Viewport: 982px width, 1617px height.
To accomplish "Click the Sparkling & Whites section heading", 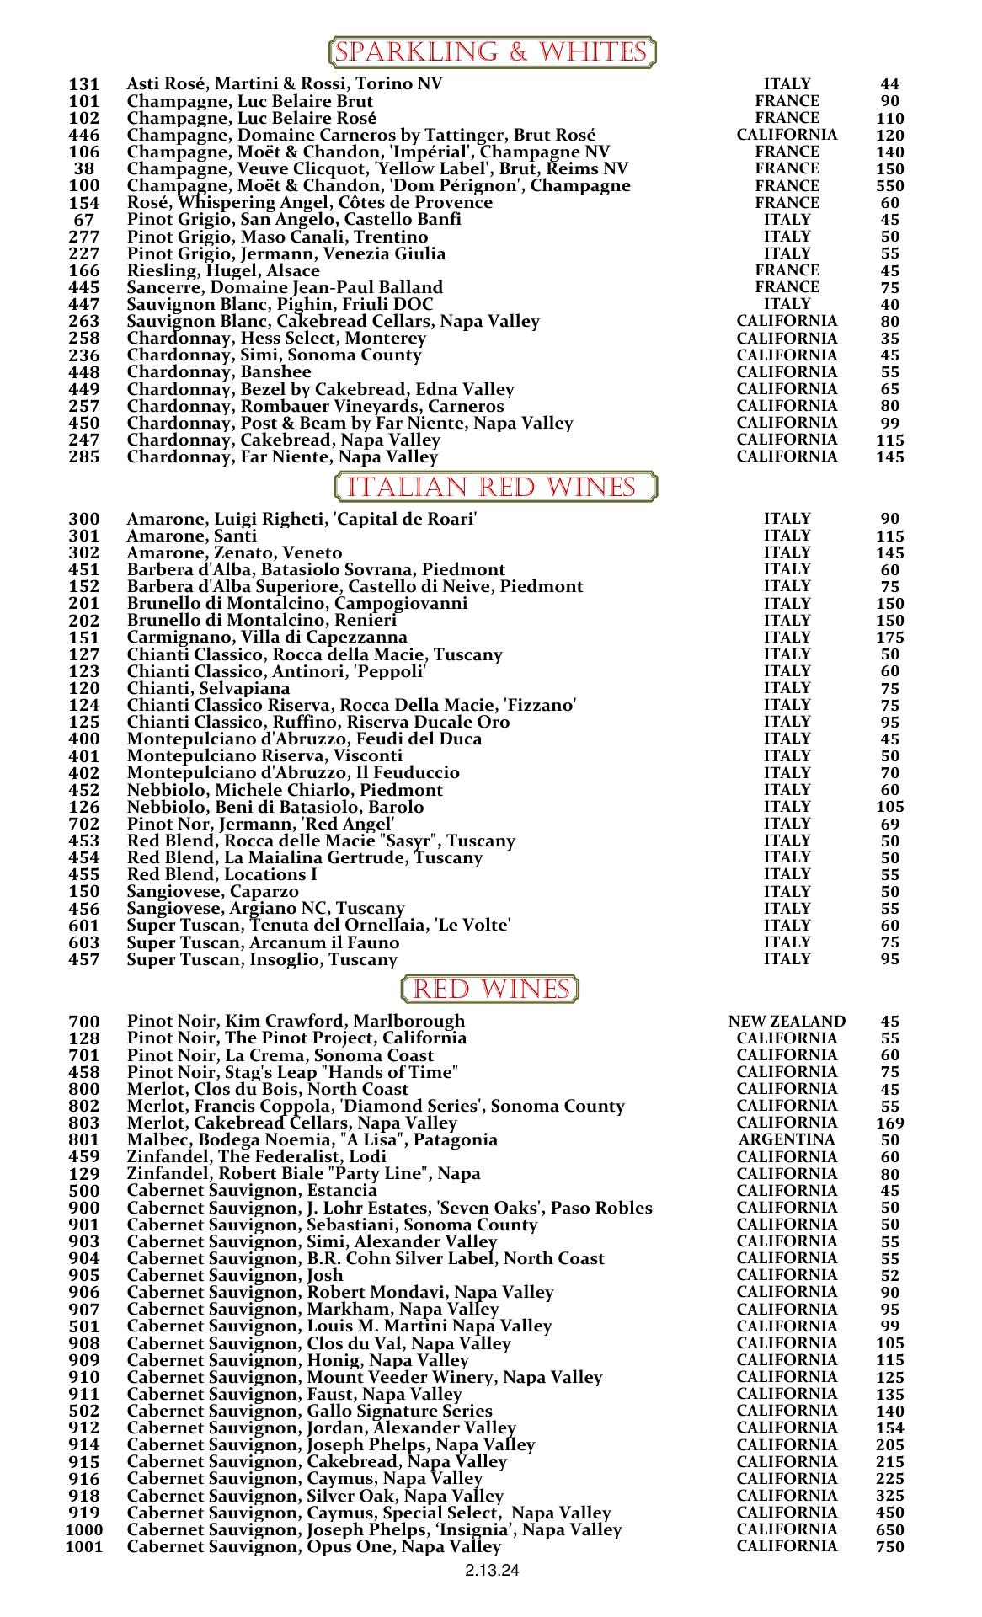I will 491,52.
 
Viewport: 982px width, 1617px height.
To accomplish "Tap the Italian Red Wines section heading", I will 495,488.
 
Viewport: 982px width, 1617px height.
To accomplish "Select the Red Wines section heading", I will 490,989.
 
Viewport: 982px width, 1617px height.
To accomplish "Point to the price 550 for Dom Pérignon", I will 889,186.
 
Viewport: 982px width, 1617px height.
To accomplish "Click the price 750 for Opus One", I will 889,1546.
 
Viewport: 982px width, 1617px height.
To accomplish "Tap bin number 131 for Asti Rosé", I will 84,84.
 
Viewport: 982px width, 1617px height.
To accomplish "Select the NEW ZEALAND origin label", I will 787,1022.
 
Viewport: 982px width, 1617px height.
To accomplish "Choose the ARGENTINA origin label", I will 787,1139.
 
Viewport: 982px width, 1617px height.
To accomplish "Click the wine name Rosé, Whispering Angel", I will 309,203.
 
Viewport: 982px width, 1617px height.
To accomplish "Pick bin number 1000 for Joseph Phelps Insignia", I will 84,1529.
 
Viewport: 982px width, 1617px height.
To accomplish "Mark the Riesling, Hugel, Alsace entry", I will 223,270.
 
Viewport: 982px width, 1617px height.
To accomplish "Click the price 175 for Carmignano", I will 889,638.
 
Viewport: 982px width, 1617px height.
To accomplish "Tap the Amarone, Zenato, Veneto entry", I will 234,552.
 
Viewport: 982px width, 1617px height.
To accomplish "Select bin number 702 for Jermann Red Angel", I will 84,824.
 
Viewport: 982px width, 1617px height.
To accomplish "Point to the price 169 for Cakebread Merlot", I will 889,1123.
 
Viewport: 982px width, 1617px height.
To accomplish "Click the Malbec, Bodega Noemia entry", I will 312,1139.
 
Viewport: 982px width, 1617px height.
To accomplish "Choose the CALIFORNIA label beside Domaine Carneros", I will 787,135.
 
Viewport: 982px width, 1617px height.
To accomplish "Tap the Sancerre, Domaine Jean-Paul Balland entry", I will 285,287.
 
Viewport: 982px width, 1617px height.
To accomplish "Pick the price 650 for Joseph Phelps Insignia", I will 889,1529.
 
